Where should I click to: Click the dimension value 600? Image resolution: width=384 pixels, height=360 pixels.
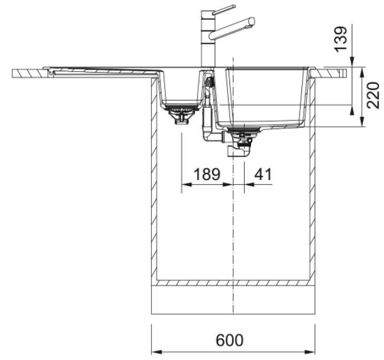click(229, 340)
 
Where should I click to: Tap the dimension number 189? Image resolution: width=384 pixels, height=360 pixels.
click(207, 174)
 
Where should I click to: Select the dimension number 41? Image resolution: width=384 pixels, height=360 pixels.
click(263, 174)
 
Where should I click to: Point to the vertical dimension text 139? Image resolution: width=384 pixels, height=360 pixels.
click(341, 39)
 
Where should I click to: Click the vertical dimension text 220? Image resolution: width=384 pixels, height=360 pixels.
click(372, 96)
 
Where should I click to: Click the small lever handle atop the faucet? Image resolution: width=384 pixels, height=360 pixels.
click(224, 10)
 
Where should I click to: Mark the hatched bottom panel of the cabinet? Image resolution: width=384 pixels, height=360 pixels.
click(233, 283)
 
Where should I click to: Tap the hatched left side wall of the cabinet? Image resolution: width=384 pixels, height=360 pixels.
click(154, 179)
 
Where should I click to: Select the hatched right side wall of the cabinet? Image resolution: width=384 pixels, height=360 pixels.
click(313, 179)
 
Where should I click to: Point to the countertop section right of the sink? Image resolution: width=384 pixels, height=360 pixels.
click(329, 73)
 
